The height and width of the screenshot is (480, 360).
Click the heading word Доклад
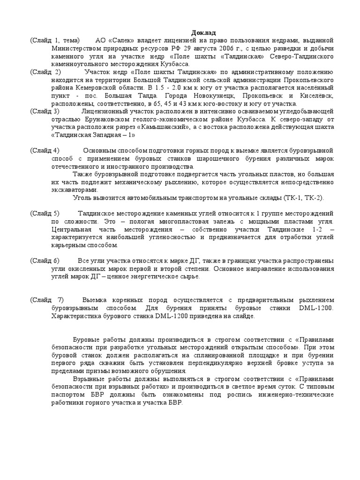point(204,33)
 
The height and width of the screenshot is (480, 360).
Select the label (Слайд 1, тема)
point(55,40)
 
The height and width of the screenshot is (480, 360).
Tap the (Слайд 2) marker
point(45,72)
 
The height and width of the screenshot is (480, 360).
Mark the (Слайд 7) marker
point(46,300)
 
